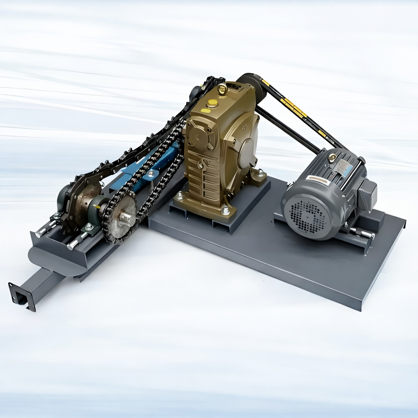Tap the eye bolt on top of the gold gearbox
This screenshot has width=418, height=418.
[222, 88]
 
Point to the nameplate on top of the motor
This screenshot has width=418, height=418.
[342, 167]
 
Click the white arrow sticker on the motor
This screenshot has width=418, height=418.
[318, 179]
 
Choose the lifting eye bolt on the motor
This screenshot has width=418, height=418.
[333, 157]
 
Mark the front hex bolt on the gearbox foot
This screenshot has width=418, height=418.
[225, 211]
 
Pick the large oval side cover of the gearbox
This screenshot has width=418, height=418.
[247, 153]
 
